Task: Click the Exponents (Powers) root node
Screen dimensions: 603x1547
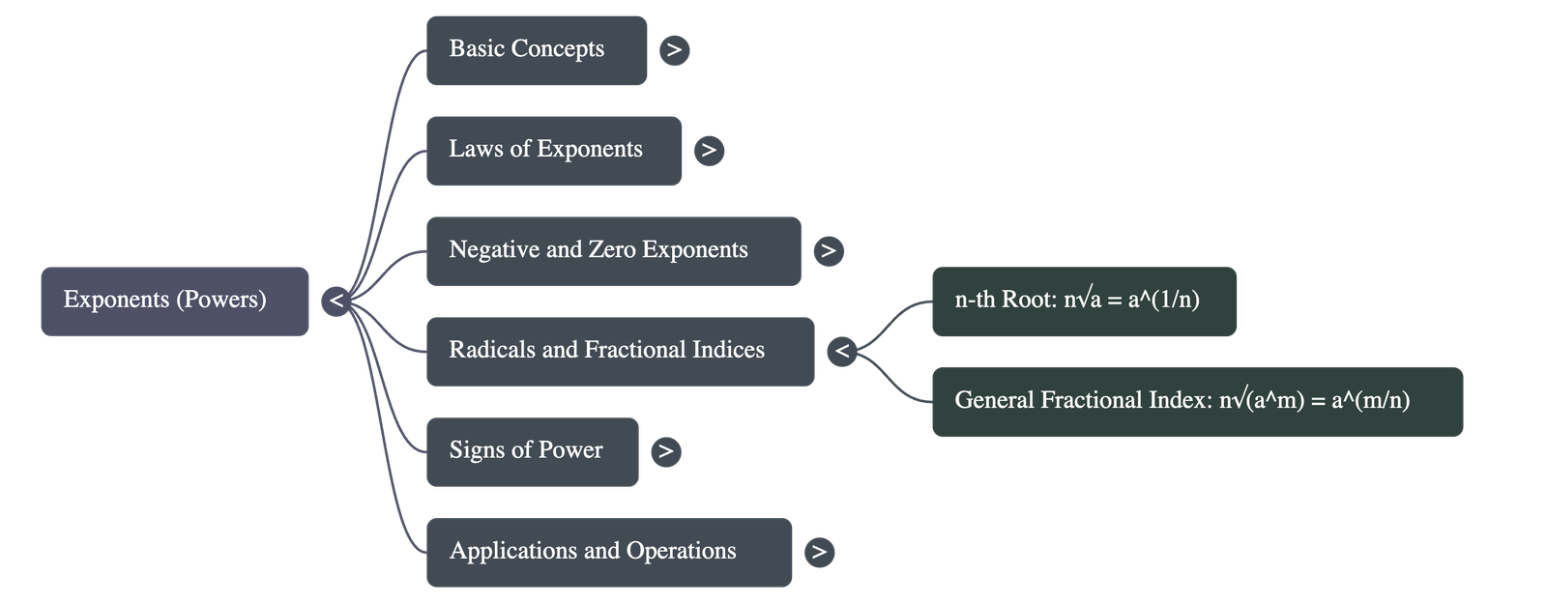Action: tap(174, 301)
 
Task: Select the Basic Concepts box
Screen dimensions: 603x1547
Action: tap(536, 50)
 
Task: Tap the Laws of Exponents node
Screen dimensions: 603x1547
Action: tap(553, 151)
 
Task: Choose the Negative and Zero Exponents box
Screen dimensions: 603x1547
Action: tap(613, 250)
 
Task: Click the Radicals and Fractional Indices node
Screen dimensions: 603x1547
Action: tap(620, 351)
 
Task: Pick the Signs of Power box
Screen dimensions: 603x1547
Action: tap(532, 451)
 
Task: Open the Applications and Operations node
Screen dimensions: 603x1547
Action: tap(608, 552)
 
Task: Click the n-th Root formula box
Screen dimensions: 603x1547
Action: tap(1083, 301)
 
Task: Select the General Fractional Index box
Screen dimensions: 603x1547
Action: tap(1197, 401)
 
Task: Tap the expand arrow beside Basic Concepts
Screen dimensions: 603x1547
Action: tap(674, 50)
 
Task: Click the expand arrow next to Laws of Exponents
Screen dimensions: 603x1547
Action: tap(709, 151)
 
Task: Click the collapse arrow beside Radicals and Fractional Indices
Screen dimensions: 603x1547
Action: tap(842, 351)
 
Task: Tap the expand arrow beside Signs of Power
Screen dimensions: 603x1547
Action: tap(665, 451)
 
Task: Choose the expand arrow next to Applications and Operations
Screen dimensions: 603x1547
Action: tap(819, 552)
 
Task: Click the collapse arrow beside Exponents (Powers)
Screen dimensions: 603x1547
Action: tap(336, 301)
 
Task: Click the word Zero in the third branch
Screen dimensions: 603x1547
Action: tap(612, 249)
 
